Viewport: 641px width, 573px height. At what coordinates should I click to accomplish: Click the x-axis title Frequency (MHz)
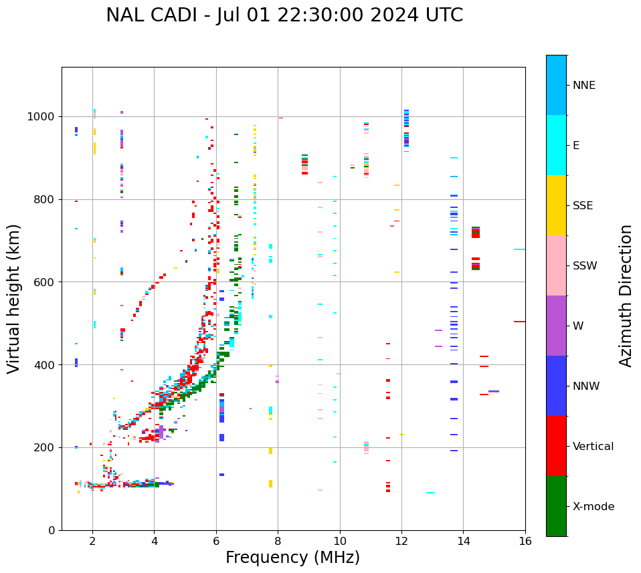pos(292,558)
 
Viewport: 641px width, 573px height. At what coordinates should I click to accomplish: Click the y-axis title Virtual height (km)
pos(14,299)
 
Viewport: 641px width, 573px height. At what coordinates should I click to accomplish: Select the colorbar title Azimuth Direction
pos(626,296)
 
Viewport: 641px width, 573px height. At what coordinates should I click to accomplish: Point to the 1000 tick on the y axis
pos(43,116)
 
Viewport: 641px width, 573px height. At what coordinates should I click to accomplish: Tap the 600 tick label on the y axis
pos(46,282)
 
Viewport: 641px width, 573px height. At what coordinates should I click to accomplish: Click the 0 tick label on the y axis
pos(52,530)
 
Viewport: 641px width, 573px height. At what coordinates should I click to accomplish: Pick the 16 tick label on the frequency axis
pos(525,542)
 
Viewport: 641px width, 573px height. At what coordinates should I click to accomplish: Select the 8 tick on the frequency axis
pos(278,542)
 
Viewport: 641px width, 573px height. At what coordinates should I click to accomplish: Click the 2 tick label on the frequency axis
pos(92,542)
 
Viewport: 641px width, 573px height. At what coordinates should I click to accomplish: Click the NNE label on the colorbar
pos(583,86)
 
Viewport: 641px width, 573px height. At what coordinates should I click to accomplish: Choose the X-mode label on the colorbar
pos(593,507)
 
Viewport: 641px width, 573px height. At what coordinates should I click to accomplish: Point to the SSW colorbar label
pos(585,266)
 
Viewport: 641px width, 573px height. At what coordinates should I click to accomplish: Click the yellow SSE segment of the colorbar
pos(556,205)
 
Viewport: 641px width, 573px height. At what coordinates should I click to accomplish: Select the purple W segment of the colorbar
pos(556,326)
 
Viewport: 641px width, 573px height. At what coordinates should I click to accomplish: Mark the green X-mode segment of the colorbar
pos(556,506)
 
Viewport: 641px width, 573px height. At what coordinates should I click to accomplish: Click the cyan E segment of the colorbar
pos(556,145)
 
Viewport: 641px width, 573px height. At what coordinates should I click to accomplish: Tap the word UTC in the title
pos(445,15)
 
